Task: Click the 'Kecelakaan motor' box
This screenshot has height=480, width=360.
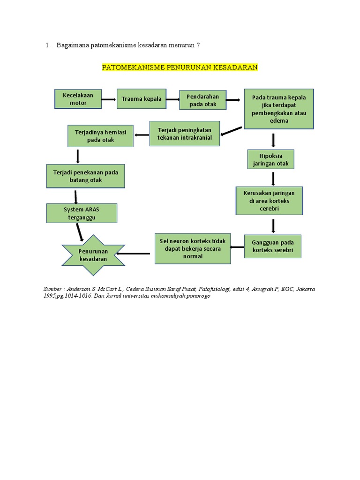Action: tap(78, 99)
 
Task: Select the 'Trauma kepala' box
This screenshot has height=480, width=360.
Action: tap(141, 99)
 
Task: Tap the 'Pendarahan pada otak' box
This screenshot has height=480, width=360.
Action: tap(202, 100)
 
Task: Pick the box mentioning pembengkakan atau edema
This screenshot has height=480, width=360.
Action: tap(279, 109)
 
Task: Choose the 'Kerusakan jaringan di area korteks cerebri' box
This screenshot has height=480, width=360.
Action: tap(269, 201)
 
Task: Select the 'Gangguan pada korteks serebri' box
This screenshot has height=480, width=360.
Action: tap(272, 246)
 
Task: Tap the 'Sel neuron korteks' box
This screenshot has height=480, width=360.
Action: tap(193, 248)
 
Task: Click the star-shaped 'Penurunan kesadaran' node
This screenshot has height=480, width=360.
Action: tap(93, 255)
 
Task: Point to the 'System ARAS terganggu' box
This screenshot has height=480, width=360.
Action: tap(82, 213)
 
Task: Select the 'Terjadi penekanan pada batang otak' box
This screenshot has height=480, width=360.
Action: tap(85, 176)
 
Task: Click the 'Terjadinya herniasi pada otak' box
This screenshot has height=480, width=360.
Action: tap(100, 136)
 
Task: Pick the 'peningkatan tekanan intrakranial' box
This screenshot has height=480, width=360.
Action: tap(185, 134)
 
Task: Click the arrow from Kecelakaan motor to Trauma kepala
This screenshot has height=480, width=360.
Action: tap(109, 99)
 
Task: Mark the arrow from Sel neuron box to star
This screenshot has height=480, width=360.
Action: tap(134, 254)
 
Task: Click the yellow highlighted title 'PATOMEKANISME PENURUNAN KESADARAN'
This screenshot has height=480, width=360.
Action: tap(180, 67)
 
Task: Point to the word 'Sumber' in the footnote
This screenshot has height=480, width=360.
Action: tap(52, 289)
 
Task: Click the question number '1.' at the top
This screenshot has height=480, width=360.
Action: tap(48, 45)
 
